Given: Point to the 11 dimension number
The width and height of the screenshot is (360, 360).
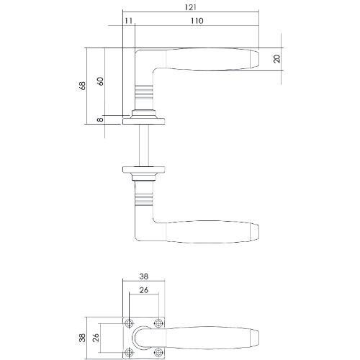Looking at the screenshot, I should [128, 22].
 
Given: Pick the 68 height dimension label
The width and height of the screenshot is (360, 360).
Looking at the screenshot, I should [90, 86].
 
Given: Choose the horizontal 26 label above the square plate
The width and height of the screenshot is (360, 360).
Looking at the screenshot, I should [144, 290].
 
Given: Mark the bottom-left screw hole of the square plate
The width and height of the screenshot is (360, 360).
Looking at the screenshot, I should [130, 352].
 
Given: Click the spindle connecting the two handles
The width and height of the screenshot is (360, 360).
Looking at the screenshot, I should [145, 144].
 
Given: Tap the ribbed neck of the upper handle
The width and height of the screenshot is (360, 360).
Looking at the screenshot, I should [145, 94].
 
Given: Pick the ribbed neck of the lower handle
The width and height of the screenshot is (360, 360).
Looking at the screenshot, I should [145, 193].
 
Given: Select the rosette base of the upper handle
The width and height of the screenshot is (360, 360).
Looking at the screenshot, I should [145, 115].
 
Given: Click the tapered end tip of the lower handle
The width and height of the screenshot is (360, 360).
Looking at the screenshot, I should [253, 232].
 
